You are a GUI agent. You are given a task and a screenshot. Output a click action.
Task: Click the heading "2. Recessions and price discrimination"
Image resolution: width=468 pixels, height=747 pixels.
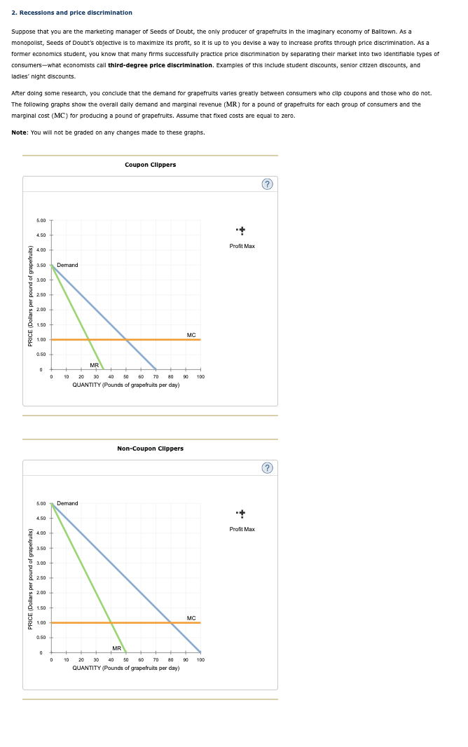72,13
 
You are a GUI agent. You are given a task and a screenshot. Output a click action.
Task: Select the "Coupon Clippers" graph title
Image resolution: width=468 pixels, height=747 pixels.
150,165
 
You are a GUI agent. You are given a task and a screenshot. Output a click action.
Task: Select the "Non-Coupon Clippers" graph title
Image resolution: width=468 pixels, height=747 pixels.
150,448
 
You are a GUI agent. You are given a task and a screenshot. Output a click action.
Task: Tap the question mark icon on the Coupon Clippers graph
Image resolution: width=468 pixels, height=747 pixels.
267,184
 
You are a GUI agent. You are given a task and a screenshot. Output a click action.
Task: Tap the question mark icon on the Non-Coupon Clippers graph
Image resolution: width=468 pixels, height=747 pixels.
267,467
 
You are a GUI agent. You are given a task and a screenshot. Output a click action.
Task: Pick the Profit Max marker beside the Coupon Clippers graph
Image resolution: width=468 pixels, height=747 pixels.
242,231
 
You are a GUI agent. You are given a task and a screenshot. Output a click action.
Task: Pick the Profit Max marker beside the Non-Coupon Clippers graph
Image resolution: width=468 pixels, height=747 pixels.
242,514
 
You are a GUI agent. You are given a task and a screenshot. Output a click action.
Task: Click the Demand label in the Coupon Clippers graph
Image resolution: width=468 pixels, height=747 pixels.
67,265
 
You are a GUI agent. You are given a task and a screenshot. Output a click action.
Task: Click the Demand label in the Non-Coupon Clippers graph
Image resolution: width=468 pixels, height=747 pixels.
67,503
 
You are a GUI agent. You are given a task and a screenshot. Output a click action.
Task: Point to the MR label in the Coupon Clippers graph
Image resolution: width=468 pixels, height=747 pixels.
94,365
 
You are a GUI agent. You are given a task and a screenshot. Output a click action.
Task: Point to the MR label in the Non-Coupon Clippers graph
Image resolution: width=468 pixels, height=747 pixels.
117,647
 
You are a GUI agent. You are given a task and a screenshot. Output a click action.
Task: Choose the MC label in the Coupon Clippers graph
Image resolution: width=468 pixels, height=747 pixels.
191,334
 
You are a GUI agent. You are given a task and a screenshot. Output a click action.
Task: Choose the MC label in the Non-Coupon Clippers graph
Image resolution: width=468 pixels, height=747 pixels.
191,617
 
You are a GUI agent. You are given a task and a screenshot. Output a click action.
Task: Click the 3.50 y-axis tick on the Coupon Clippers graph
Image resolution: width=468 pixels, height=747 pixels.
41,265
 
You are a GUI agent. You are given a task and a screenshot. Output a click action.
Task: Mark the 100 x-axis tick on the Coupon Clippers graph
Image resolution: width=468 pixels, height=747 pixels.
200,376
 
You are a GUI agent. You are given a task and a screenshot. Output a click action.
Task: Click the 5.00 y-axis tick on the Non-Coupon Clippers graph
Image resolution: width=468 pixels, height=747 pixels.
41,503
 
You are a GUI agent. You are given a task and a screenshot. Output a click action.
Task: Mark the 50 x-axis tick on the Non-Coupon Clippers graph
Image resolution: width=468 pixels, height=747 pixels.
126,659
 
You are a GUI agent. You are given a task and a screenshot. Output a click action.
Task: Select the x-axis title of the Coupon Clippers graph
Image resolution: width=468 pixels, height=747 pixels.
126,385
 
